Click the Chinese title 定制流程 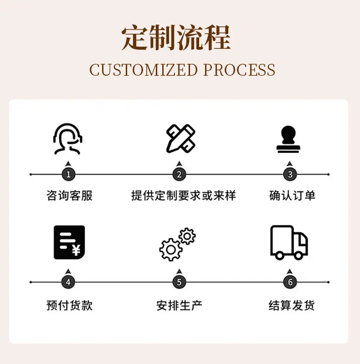[x=176, y=37]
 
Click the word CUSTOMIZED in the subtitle [x=144, y=70]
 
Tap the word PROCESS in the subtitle [x=239, y=70]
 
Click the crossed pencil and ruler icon [x=181, y=139]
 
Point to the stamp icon [x=288, y=139]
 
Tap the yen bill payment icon [x=69, y=242]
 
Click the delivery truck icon [x=289, y=242]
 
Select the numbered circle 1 [x=68, y=174]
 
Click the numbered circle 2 [x=179, y=174]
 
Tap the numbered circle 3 [x=290, y=174]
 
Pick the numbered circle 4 [x=68, y=282]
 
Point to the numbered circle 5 [x=179, y=282]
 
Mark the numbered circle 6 [x=290, y=282]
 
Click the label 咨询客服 [x=70, y=196]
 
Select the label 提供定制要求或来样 [x=184, y=196]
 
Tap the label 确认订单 [x=292, y=196]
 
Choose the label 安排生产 [x=179, y=305]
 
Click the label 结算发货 [x=292, y=305]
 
